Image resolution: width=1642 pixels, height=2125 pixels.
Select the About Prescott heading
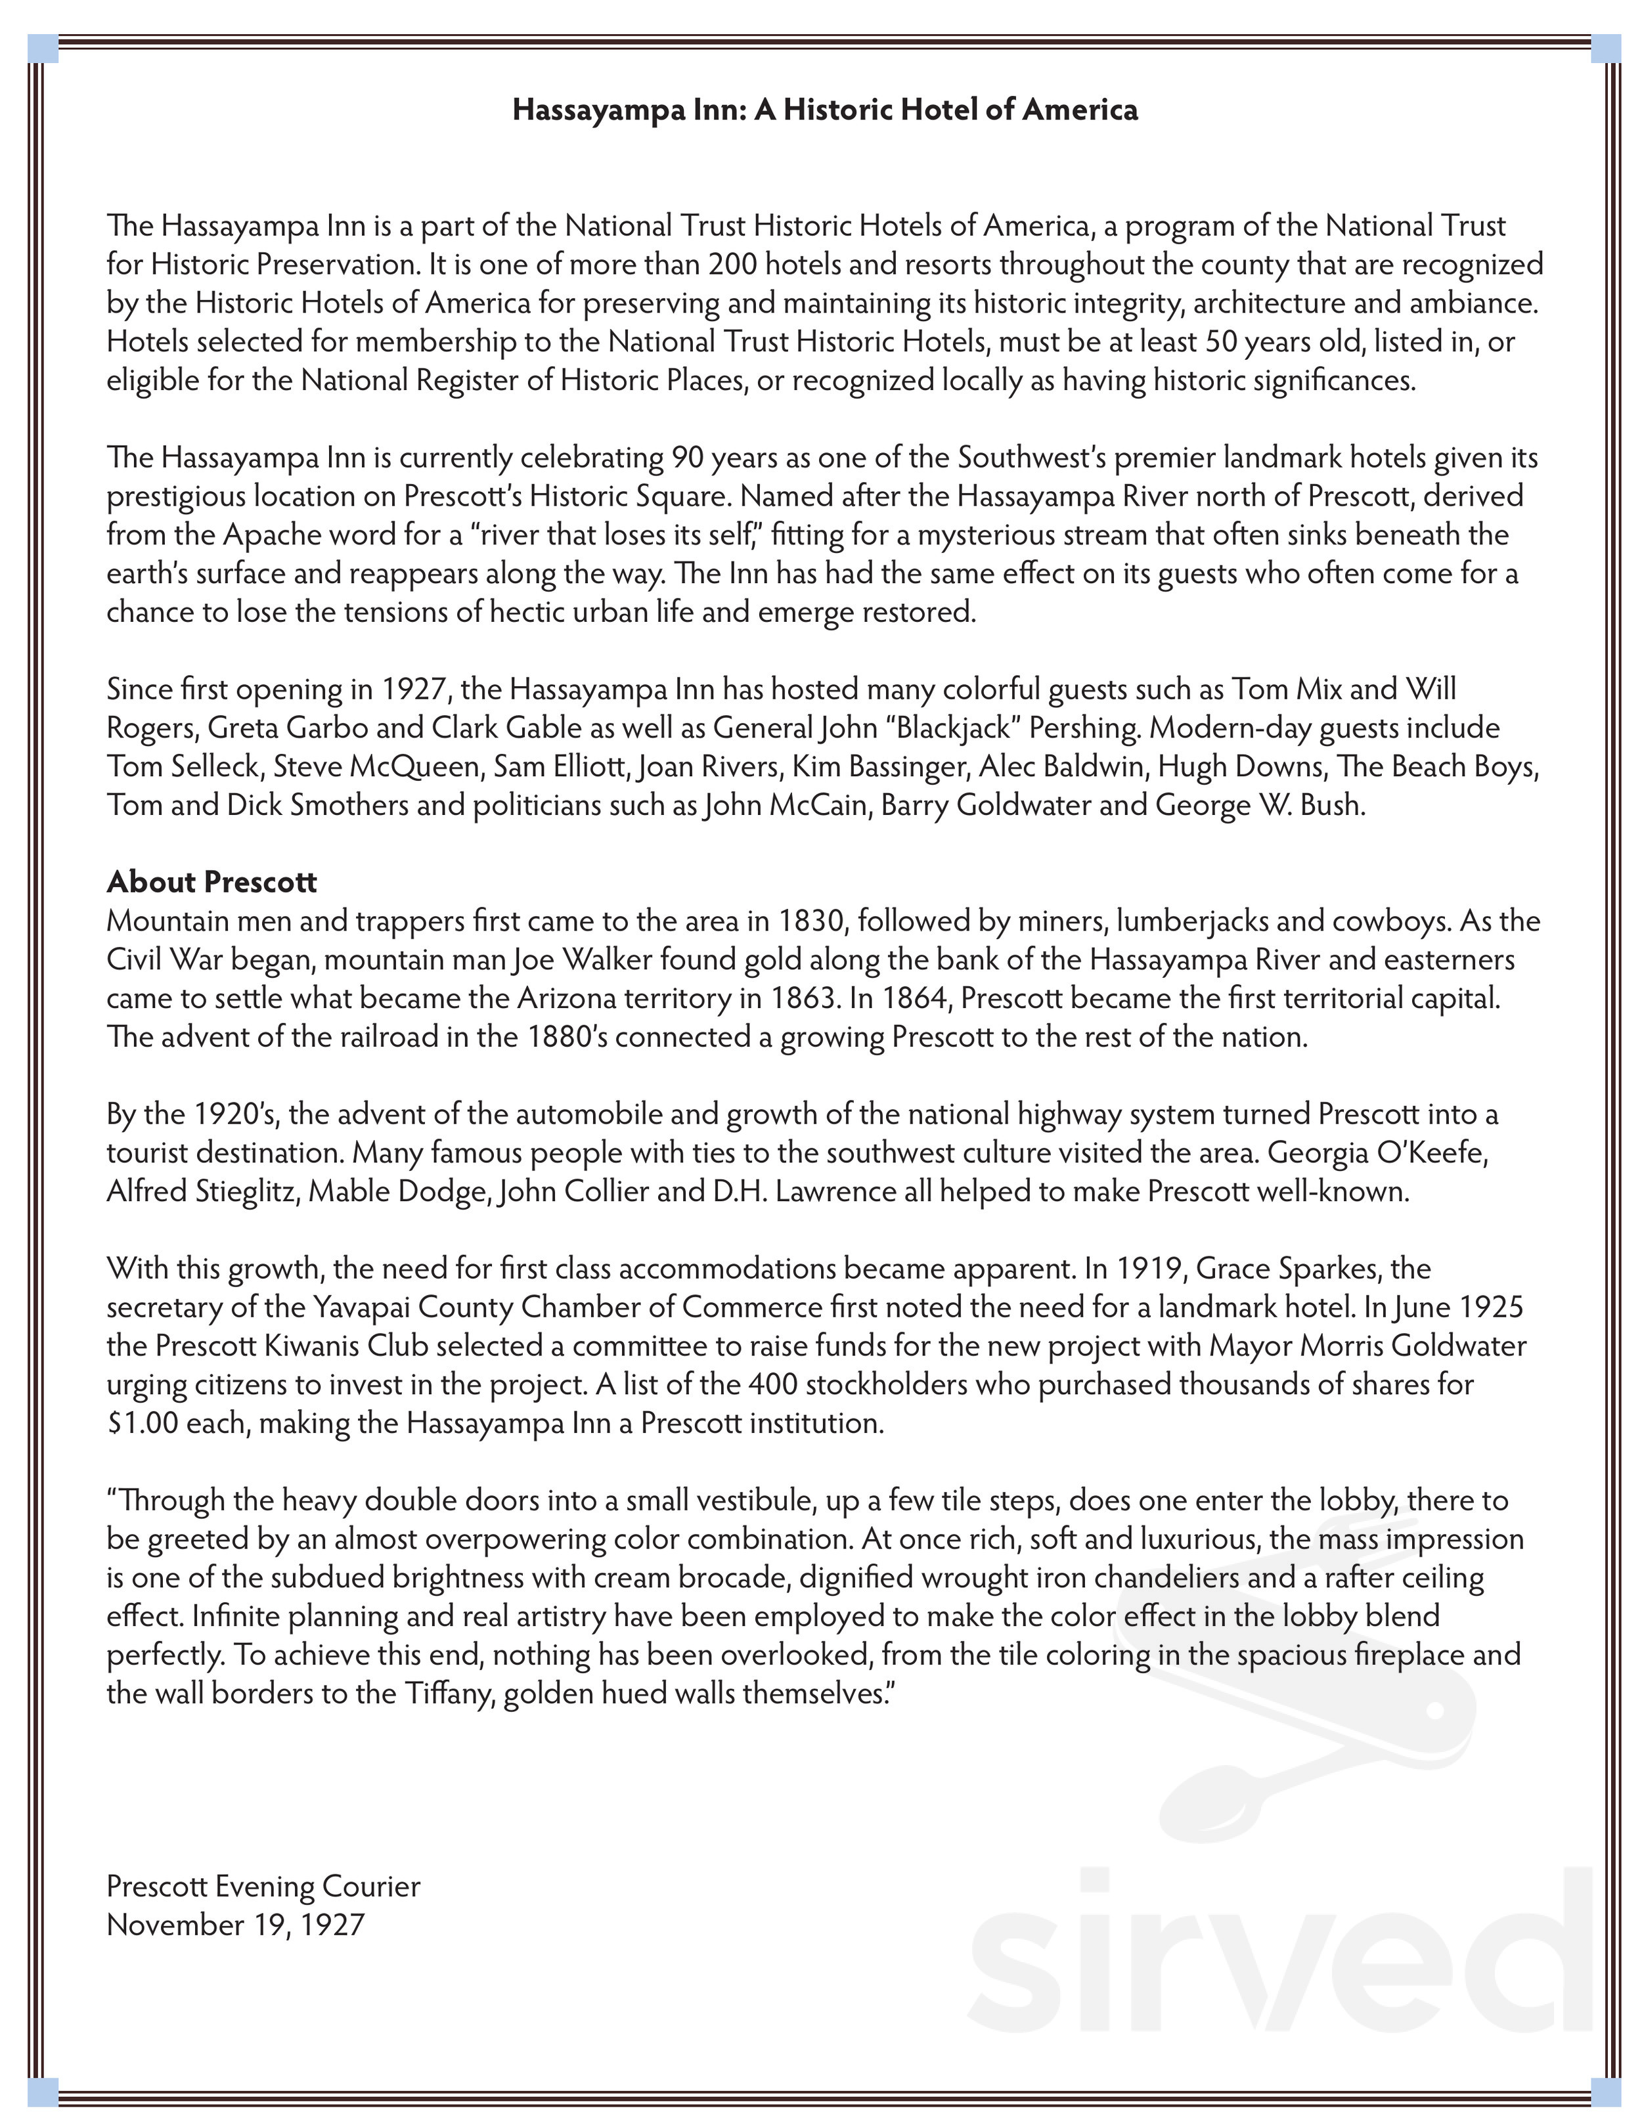tap(211, 881)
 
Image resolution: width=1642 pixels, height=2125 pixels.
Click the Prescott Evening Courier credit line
tap(263, 1887)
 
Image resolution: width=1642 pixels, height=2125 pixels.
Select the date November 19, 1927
tap(236, 1925)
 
